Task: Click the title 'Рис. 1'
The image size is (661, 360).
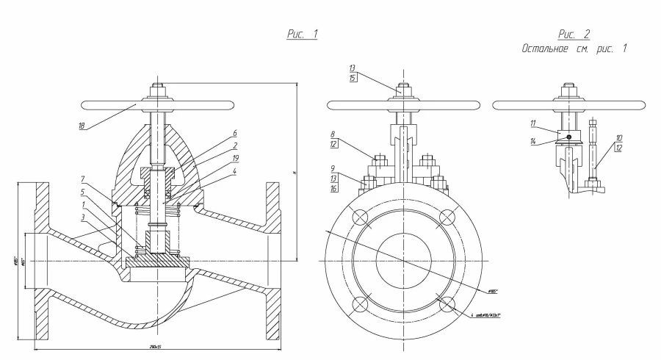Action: point(301,35)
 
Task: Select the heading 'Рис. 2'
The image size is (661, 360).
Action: point(574,35)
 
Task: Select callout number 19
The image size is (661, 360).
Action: point(234,159)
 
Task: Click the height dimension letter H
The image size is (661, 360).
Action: point(293,173)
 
